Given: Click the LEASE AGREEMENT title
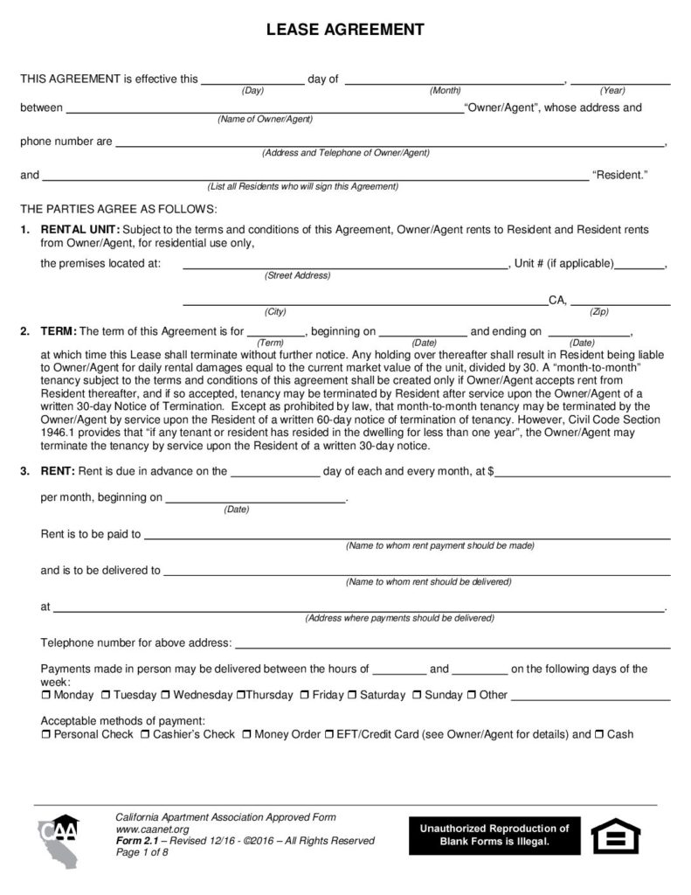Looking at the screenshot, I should pos(345,30).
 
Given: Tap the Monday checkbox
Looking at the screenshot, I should pos(46,696).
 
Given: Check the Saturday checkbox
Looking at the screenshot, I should pos(353,696).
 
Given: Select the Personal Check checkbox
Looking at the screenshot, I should pos(46,735).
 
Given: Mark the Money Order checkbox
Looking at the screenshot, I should pos(247,735).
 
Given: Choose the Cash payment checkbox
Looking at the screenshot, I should pos(600,735).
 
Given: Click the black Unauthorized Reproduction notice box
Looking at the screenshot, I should pos(494,836).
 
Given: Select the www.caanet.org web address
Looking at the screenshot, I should pos(151,829).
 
